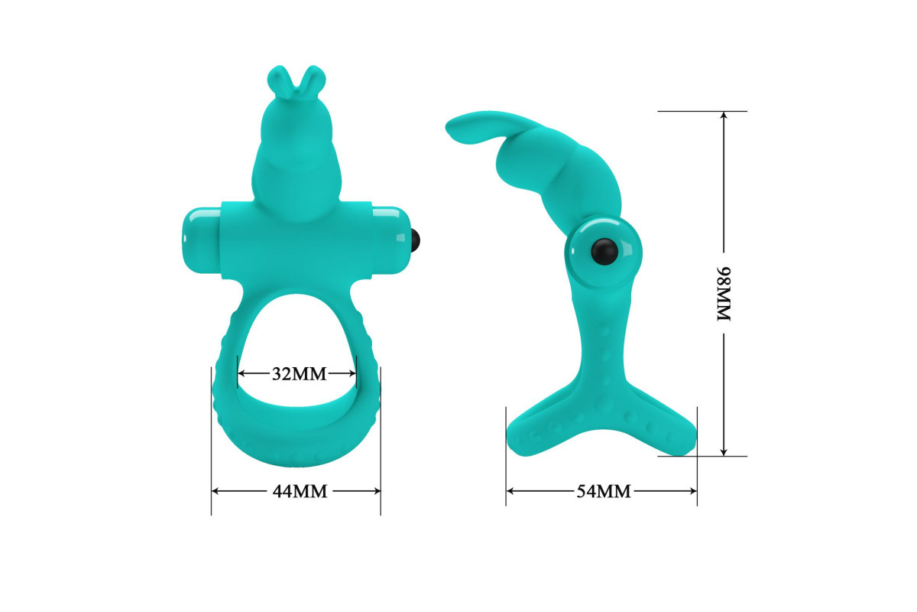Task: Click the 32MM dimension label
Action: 300,374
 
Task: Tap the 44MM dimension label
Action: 300,491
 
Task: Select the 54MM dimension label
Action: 604,491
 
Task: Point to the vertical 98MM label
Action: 724,294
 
